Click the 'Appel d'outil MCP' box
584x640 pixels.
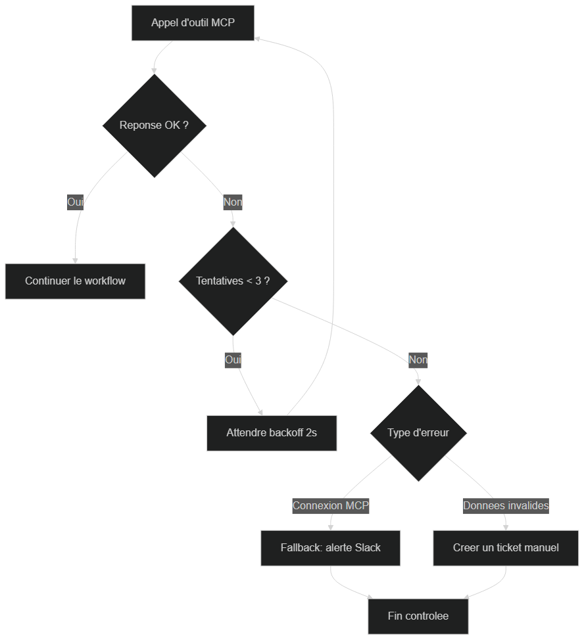[193, 23]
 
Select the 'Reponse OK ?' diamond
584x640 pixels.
[155, 126]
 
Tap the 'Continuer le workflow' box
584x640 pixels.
[75, 281]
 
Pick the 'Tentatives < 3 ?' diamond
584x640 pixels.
[233, 281]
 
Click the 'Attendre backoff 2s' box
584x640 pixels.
[272, 433]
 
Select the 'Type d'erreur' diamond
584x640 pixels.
[418, 433]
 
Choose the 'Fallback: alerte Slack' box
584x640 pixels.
[330, 548]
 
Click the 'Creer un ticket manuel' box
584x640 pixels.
[506, 548]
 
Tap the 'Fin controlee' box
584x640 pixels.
[418, 616]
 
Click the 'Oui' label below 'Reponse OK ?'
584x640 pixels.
[75, 202]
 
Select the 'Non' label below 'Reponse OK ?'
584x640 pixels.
[233, 202]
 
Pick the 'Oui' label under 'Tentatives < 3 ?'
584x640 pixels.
[233, 360]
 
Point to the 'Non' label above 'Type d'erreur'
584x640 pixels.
[418, 360]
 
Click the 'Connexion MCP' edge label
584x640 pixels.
[331, 506]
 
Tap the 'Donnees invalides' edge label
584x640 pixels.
[506, 506]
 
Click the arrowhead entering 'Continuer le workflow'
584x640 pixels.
[75, 261]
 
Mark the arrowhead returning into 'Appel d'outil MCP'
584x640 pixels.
[257, 39]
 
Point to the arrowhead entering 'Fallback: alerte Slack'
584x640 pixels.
[330, 528]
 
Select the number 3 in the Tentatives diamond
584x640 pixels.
[258, 281]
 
